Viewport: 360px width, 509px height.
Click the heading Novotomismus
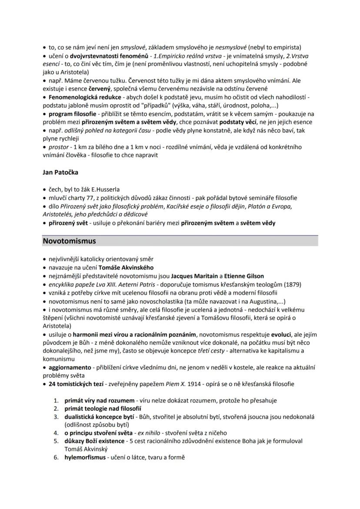click(69, 240)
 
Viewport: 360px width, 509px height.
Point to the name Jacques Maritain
click(194, 276)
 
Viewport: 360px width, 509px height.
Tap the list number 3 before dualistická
click(56, 417)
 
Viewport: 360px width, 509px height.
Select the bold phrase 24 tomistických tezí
click(76, 384)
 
